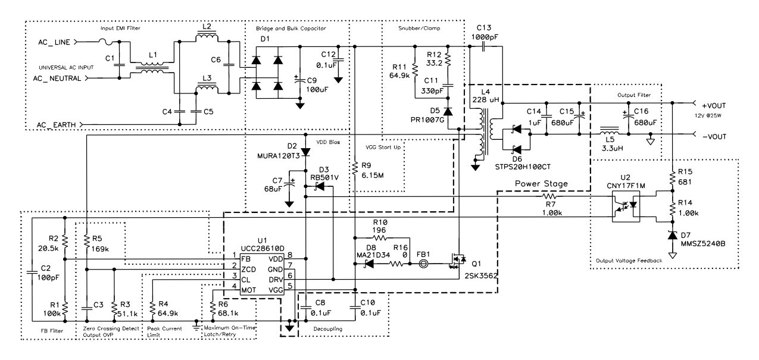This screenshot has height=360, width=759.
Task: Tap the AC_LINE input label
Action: tap(53, 42)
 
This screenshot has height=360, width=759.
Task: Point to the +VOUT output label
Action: tap(711, 104)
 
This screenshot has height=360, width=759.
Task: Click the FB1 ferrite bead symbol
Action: tap(424, 262)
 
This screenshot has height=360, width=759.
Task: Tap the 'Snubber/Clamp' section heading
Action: tap(417, 29)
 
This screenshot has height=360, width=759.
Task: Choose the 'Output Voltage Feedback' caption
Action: tap(630, 260)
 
